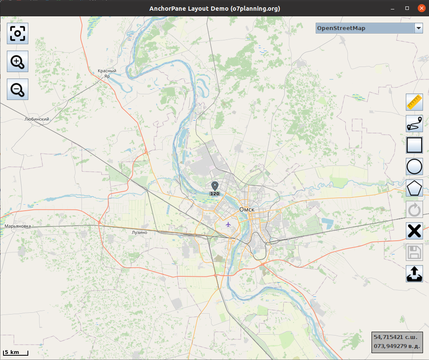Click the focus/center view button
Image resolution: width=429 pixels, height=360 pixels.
coord(18,33)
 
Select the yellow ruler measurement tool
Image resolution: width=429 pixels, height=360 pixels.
coord(414,102)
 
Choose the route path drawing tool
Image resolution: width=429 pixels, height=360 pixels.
coord(414,124)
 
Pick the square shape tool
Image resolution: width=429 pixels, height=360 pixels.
coord(414,145)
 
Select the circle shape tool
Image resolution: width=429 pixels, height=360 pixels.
coord(414,166)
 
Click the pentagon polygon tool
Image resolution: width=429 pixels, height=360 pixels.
coord(414,188)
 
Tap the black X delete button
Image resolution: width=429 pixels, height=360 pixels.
coord(414,231)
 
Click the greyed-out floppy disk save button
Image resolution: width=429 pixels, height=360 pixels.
coord(414,252)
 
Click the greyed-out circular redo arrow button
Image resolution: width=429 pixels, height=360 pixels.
coord(414,209)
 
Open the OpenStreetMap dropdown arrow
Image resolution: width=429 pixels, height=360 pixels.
coord(419,28)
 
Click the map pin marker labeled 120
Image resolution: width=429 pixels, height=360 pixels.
coord(215,186)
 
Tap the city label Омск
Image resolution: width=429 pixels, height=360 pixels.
coord(247,209)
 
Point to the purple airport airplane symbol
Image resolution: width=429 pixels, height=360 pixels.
coord(228,224)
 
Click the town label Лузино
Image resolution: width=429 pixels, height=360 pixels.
coord(139,233)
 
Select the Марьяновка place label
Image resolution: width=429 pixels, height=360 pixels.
coord(18,226)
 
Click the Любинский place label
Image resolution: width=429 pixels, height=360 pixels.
coord(37,119)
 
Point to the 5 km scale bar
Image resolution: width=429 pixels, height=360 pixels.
coord(16,353)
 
